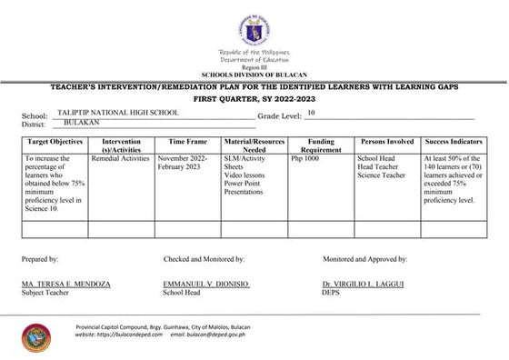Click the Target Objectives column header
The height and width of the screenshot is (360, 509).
pos(55,143)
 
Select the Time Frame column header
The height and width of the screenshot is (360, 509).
pos(187,143)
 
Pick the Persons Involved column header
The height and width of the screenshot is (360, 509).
pos(387,143)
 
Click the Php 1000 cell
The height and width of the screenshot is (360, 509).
pos(304,158)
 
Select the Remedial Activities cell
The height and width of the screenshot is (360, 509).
pos(120,158)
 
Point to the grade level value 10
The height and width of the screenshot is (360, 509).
pos(311,112)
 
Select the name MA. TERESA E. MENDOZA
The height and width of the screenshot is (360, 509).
pos(65,285)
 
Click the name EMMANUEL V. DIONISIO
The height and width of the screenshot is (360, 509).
pos(205,285)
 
